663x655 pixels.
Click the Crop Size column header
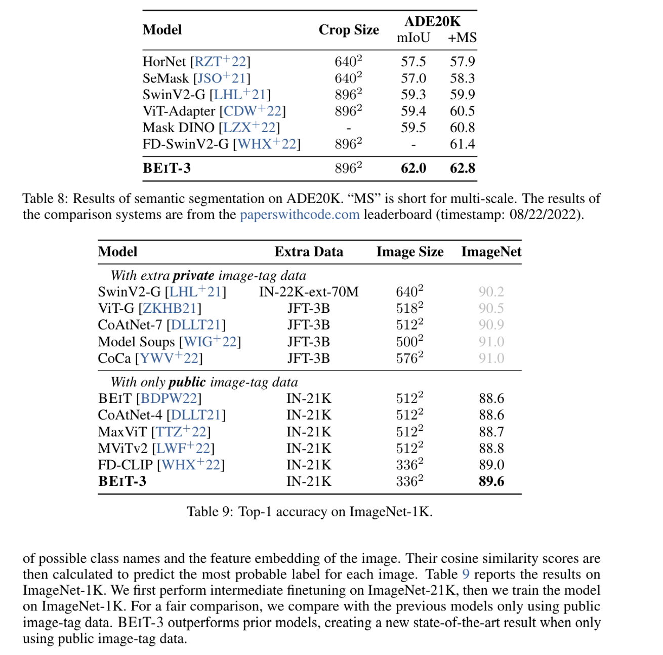click(x=349, y=30)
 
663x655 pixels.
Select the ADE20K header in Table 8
click(x=432, y=21)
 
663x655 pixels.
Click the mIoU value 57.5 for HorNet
click(x=413, y=62)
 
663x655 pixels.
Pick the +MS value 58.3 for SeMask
click(x=463, y=78)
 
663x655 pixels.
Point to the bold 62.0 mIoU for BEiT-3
click(x=413, y=168)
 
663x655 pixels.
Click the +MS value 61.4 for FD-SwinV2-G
click(x=463, y=144)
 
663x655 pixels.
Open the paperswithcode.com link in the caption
click(x=300, y=215)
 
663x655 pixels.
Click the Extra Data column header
click(x=309, y=252)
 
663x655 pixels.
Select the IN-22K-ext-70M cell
click(x=309, y=292)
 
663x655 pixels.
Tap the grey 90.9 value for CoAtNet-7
click(x=491, y=325)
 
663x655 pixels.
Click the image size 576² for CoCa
click(x=409, y=358)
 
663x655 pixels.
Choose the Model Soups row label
click(x=136, y=342)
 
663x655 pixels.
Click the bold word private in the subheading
click(x=193, y=276)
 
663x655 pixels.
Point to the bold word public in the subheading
click(x=187, y=382)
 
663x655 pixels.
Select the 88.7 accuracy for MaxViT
click(x=491, y=432)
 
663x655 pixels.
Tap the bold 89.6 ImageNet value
click(x=491, y=481)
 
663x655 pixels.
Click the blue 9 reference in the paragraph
click(x=466, y=575)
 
